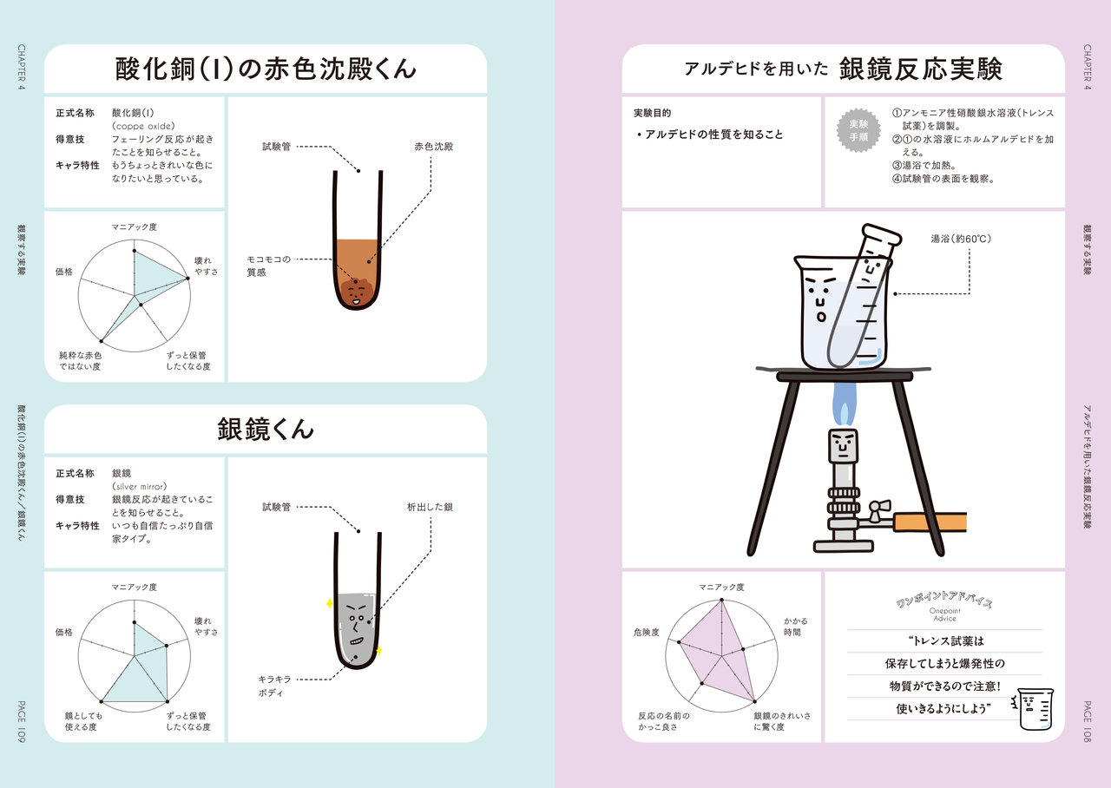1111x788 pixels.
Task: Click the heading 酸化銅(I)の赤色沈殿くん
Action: click(266, 69)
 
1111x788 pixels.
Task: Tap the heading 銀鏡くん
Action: click(266, 429)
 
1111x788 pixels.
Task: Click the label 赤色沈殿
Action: click(433, 147)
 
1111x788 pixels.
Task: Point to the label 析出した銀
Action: click(430, 507)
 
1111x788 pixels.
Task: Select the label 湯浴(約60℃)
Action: click(961, 239)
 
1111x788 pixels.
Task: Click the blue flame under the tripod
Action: click(844, 404)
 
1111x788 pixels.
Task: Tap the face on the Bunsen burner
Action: click(843, 445)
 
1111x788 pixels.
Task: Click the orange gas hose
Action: click(930, 522)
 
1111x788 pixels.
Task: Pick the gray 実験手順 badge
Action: click(858, 130)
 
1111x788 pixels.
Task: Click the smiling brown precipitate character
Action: click(357, 293)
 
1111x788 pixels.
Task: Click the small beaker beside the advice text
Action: click(1033, 709)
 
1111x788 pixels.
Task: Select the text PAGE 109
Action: click(22, 721)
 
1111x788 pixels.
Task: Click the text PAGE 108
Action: click(1088, 721)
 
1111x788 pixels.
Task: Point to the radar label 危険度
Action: click(647, 633)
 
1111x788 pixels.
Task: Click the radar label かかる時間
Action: click(796, 627)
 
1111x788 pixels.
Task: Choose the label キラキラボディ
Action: click(274, 686)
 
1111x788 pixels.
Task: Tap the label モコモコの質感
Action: click(268, 266)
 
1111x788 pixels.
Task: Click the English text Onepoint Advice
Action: click(944, 614)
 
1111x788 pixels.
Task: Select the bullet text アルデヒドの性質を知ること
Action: click(710, 135)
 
